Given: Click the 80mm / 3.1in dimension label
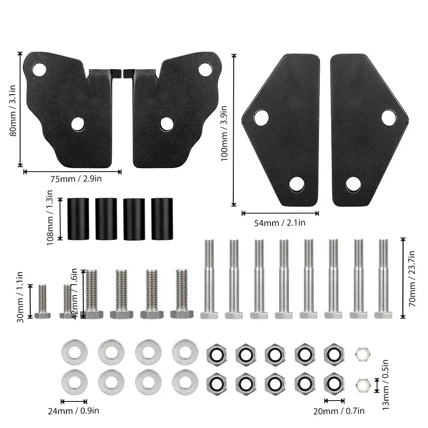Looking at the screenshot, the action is coord(12,110).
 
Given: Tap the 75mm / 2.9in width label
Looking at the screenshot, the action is coord(76,179).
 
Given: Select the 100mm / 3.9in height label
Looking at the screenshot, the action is coord(224,134).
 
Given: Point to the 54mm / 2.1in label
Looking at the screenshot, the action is coord(279,223).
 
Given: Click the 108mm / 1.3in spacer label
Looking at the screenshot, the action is coord(50,217).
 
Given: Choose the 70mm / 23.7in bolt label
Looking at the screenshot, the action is coord(412,279).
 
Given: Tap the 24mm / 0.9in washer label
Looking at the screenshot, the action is coord(74,411).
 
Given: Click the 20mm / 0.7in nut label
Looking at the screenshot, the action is coord(339,411).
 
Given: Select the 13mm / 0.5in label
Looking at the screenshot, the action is coord(385,385).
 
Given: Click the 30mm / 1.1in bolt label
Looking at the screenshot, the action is coord(21,297).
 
